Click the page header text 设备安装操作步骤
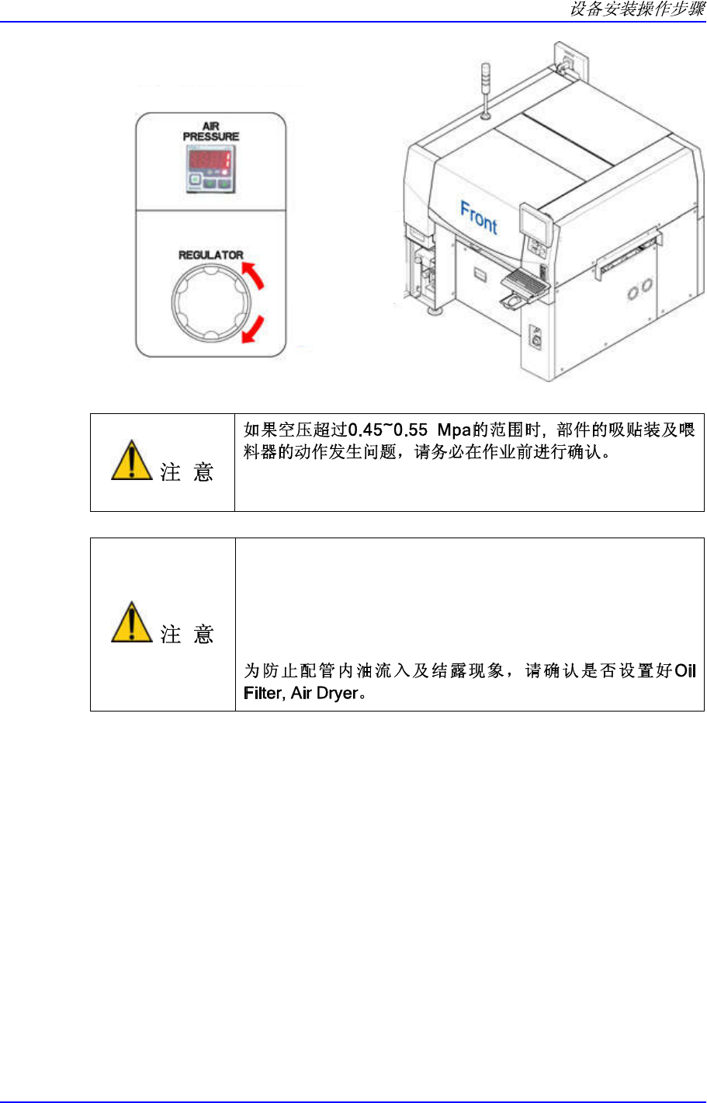click(637, 9)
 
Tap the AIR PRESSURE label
click(211, 131)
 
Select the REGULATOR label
click(211, 255)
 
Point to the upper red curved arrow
click(254, 274)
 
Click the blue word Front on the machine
click(479, 217)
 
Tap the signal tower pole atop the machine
click(485, 90)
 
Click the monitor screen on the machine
click(536, 224)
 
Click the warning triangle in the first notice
click(131, 461)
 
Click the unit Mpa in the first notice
click(455, 430)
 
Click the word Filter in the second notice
click(262, 693)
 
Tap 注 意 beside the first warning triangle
click(187, 471)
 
